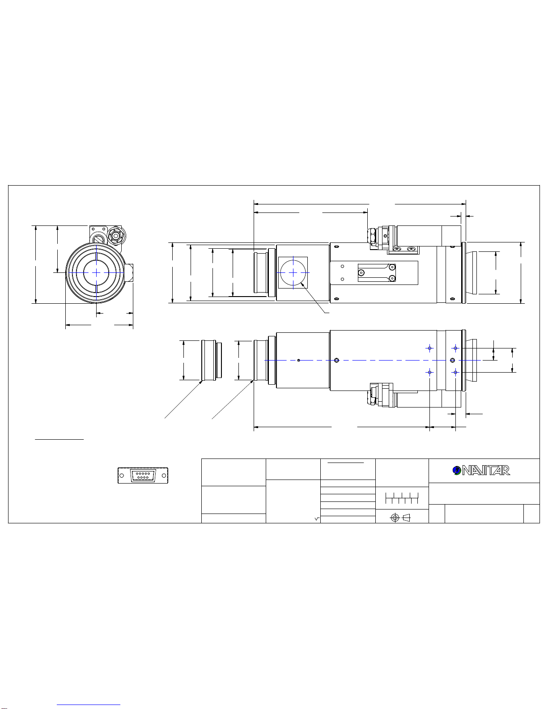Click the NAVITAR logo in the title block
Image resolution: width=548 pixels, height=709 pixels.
coord(481,470)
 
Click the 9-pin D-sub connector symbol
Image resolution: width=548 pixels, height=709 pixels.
coord(143,475)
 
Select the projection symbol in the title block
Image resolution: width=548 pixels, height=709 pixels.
coord(400,518)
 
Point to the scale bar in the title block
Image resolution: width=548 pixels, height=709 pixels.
coord(402,498)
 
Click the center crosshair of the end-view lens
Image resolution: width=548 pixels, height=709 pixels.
coord(96,272)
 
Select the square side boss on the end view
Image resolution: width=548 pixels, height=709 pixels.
coord(128,273)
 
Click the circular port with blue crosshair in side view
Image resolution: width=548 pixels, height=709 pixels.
coord(293,272)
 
